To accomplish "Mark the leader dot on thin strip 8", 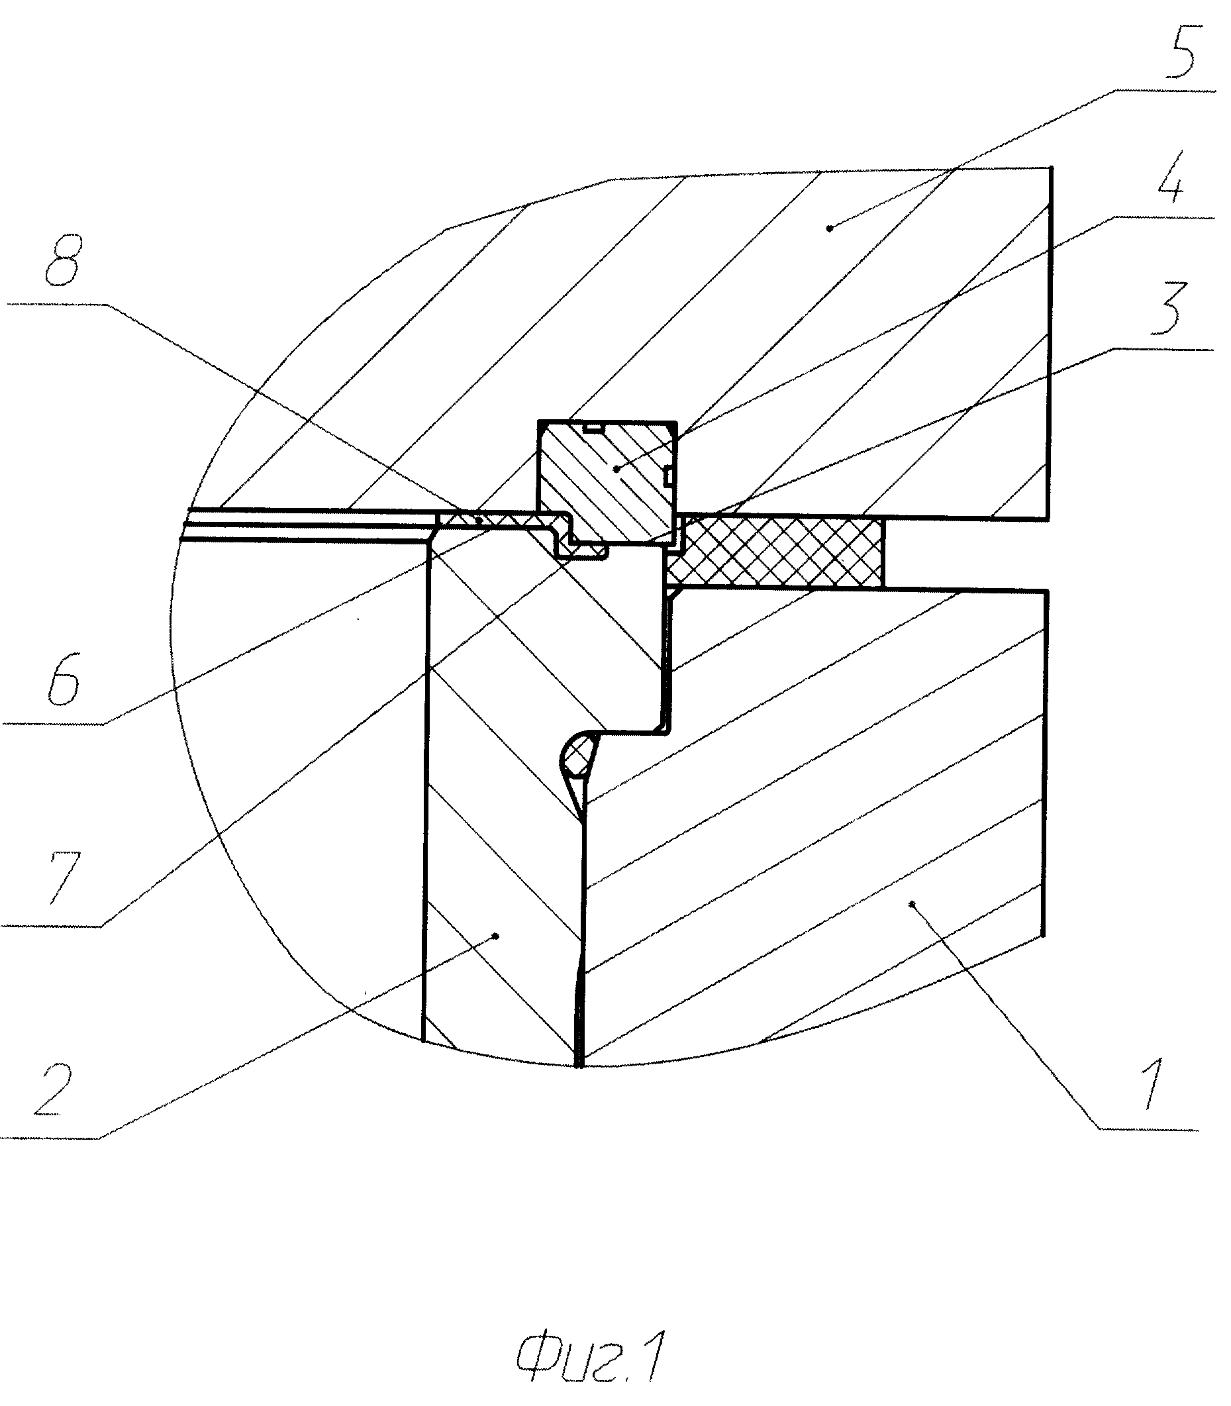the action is (x=478, y=522).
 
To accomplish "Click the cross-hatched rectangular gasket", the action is (x=776, y=552).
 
